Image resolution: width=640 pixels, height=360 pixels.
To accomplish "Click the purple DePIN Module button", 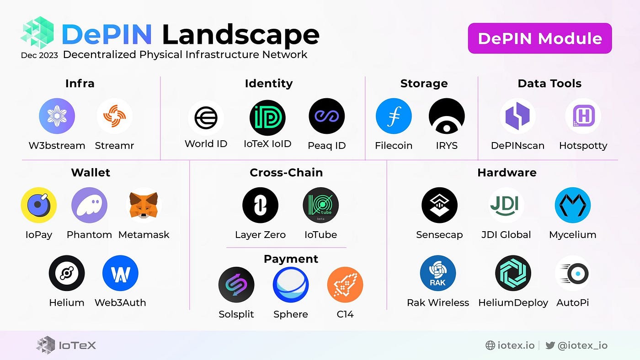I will click(x=539, y=38).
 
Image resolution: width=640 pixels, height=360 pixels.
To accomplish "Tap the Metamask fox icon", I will click(x=144, y=205).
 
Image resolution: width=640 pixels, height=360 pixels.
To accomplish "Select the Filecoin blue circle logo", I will click(x=394, y=116).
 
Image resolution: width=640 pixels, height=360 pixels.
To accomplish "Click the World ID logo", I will click(x=206, y=118).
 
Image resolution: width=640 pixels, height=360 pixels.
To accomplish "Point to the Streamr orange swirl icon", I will click(x=114, y=116).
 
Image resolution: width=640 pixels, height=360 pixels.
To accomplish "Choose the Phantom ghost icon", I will click(x=89, y=205).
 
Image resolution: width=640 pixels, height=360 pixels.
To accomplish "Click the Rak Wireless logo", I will click(x=438, y=273).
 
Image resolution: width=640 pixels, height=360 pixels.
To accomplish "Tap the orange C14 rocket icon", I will click(x=345, y=285).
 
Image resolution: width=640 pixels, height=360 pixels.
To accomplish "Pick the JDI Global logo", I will click(x=506, y=205).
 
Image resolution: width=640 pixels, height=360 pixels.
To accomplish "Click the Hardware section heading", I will click(x=507, y=173).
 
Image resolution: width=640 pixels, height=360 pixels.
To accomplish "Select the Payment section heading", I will click(x=291, y=259).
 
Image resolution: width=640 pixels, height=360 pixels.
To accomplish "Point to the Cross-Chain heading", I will click(x=286, y=173).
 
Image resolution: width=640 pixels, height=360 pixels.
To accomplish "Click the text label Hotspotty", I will click(x=583, y=146).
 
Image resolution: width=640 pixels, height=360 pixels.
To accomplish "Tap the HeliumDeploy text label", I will click(x=513, y=302).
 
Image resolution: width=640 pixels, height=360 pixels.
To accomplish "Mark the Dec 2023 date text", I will click(x=39, y=55).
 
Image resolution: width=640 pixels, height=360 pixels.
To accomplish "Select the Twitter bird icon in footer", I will click(x=550, y=345).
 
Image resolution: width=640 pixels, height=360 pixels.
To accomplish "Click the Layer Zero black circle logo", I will click(x=260, y=205).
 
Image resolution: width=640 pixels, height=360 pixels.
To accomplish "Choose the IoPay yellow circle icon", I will click(x=39, y=205).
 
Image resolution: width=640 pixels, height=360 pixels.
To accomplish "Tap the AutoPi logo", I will click(x=573, y=273).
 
